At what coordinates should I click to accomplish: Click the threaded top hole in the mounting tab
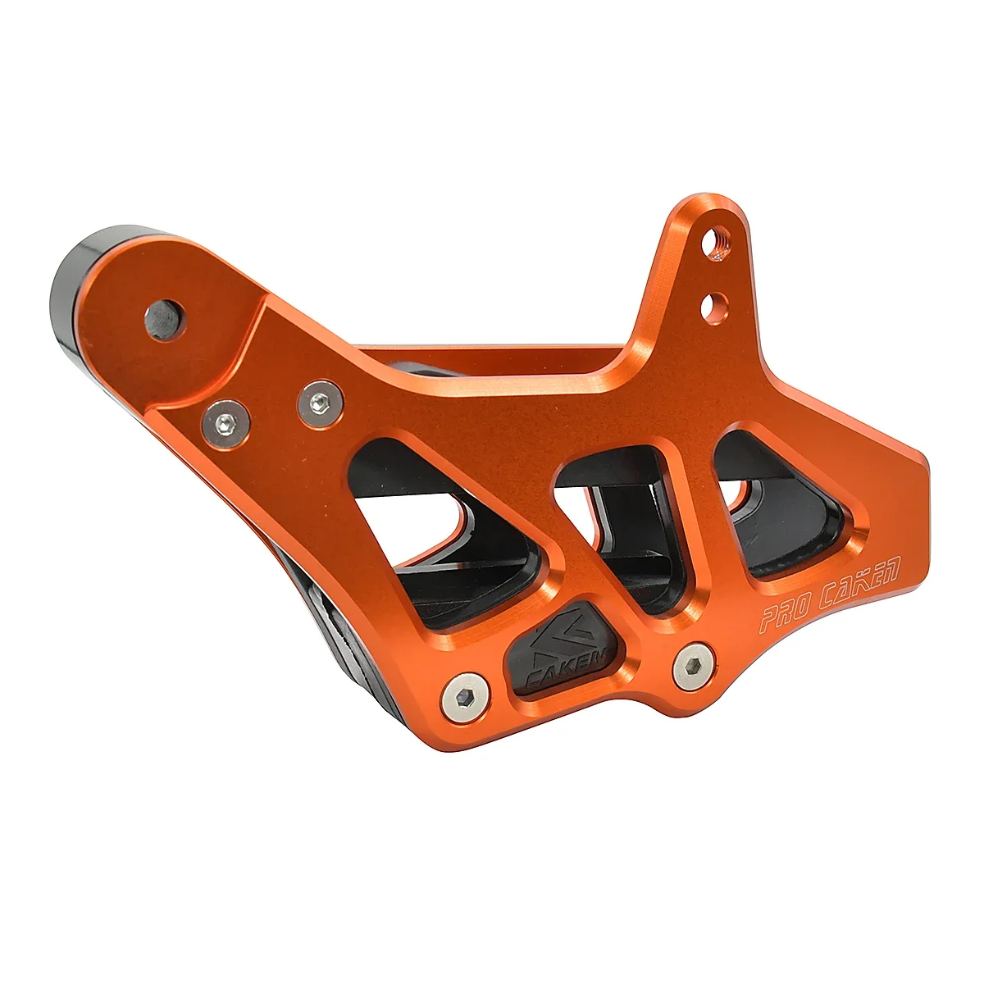(x=721, y=244)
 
